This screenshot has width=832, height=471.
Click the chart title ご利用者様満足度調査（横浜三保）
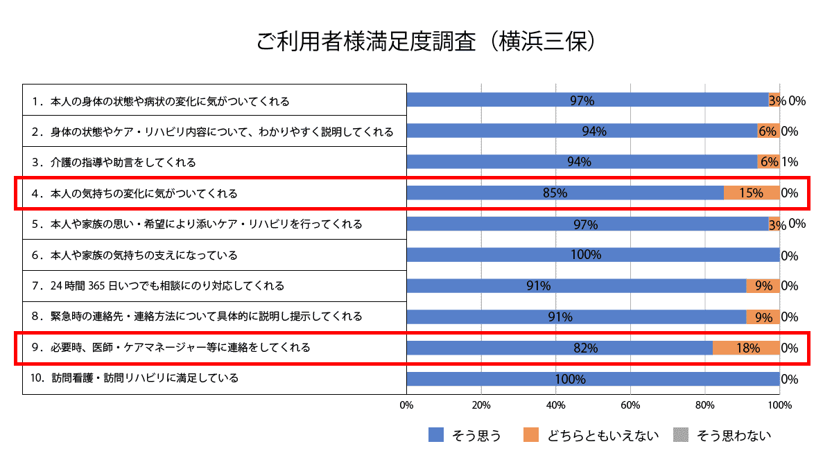(x=426, y=41)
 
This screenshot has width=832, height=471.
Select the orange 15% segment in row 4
(x=752, y=193)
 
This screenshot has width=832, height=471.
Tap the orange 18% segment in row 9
(x=746, y=348)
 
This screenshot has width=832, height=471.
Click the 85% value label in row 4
(x=555, y=193)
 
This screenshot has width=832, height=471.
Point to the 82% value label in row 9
(x=586, y=348)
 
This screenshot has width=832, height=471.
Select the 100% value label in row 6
(x=586, y=255)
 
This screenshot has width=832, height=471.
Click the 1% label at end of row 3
(x=789, y=162)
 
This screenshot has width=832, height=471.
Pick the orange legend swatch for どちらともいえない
(x=531, y=435)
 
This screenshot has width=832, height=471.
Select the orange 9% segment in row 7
(x=763, y=286)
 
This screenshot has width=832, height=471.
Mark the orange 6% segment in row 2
(x=768, y=131)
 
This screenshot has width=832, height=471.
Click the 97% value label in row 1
(x=582, y=100)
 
